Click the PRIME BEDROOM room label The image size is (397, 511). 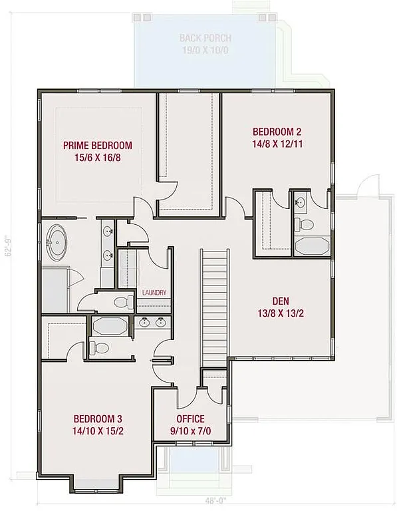tap(97, 145)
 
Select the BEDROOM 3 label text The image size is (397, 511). tap(97, 419)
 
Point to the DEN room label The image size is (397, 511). tap(280, 301)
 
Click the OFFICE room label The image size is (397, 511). tap(190, 419)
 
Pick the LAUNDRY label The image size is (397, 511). tap(154, 293)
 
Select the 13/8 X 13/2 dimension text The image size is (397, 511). tap(280, 313)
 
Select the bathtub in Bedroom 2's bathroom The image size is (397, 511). tap(311, 246)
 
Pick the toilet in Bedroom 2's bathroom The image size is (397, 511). tap(305, 224)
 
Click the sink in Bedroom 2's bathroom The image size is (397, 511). tap(301, 200)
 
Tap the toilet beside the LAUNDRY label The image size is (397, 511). tap(122, 303)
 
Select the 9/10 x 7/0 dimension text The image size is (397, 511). tap(190, 431)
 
